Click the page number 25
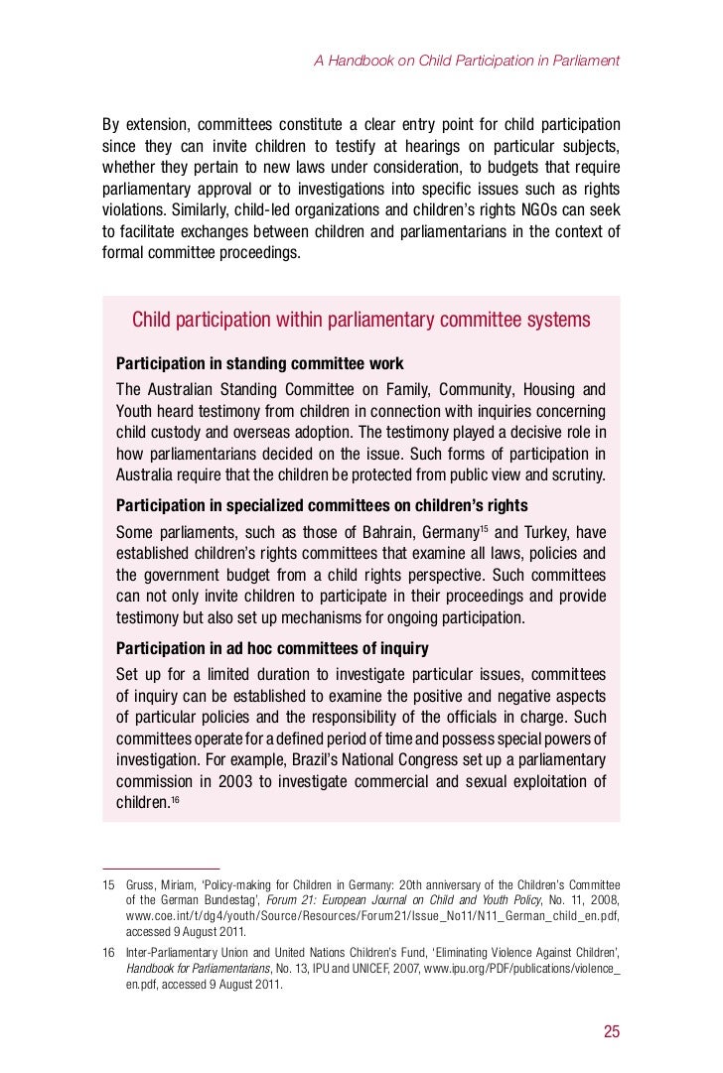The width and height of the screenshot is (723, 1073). [611, 1031]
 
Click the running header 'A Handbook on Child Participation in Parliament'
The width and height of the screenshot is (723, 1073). [467, 61]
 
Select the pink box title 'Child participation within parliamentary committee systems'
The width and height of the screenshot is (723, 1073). [361, 320]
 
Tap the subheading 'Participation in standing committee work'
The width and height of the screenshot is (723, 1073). [260, 363]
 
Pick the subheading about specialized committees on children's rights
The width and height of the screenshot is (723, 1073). [322, 506]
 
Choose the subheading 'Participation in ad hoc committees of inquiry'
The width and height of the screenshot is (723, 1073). [273, 648]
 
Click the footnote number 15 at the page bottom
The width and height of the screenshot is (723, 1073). [109, 884]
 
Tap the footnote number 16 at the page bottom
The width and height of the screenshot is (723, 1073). [109, 951]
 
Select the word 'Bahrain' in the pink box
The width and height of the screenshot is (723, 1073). [366, 532]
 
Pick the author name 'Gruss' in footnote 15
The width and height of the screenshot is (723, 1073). [142, 884]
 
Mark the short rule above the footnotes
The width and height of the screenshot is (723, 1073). [161, 868]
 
